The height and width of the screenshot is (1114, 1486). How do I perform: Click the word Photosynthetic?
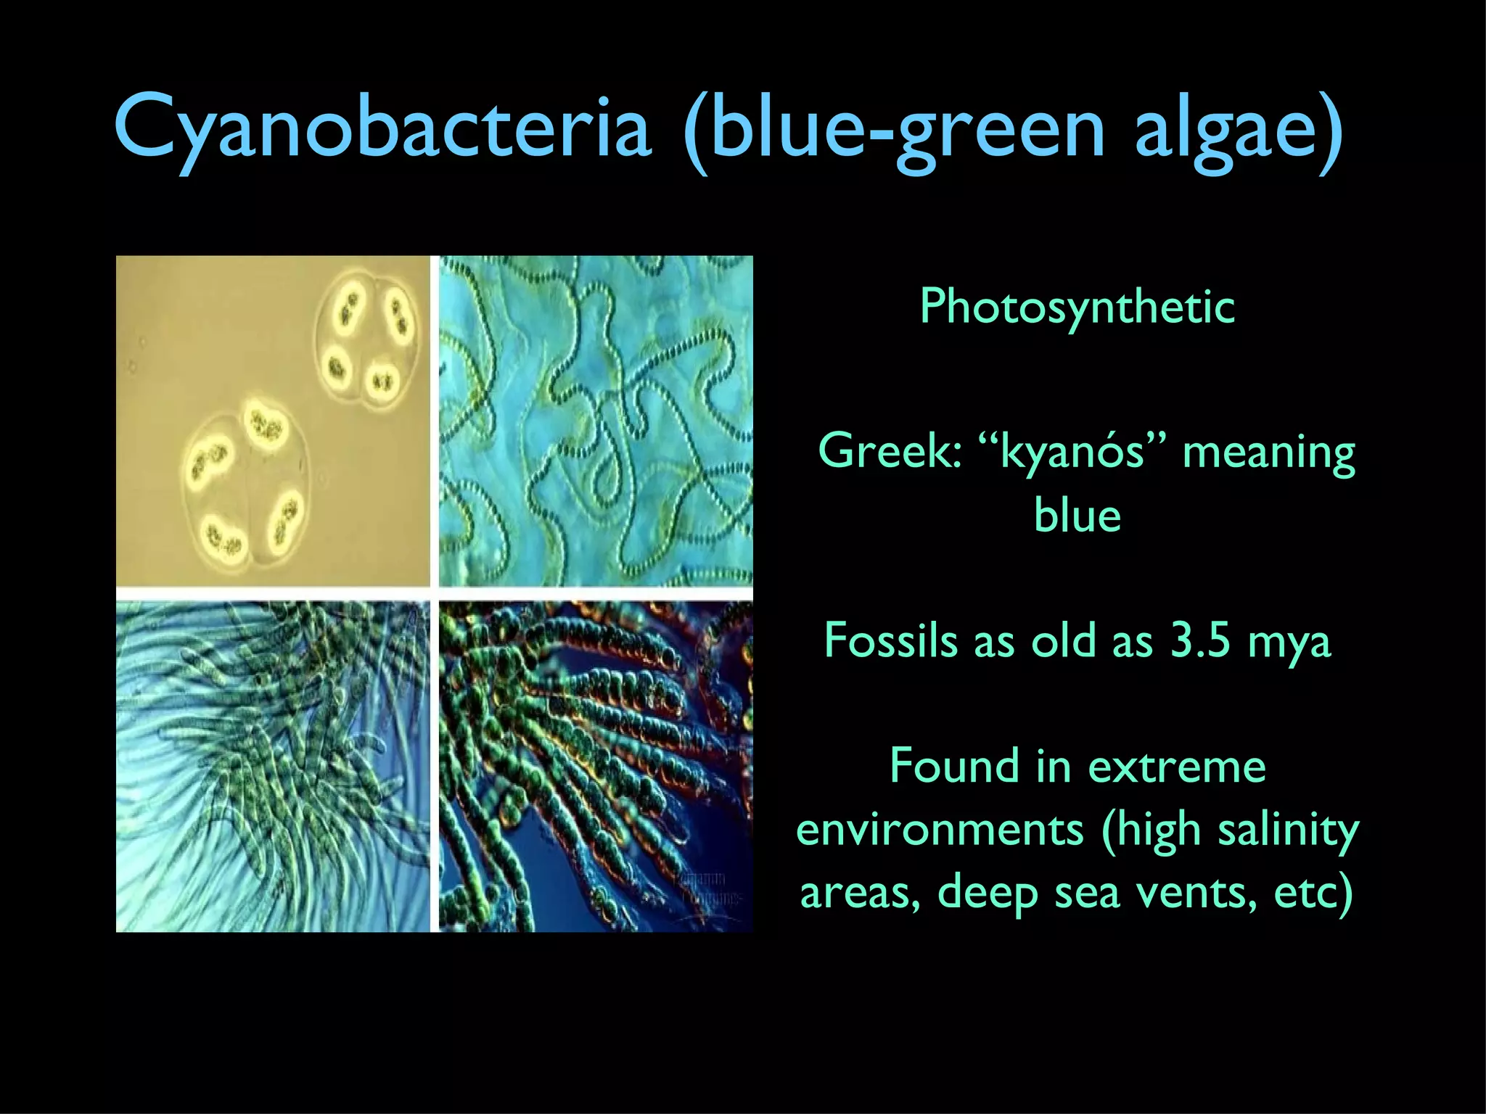pyautogui.click(x=1077, y=307)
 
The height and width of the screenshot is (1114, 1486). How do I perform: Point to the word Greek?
pyautogui.click(x=890, y=451)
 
